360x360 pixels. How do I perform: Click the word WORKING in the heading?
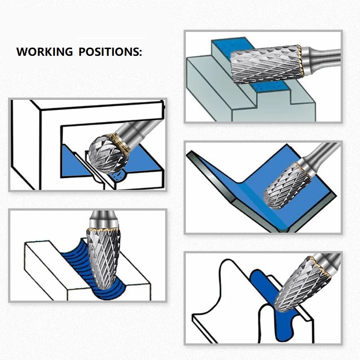click(44, 51)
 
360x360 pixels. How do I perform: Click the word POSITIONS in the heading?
click(110, 51)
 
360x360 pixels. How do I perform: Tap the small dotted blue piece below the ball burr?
click(118, 176)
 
